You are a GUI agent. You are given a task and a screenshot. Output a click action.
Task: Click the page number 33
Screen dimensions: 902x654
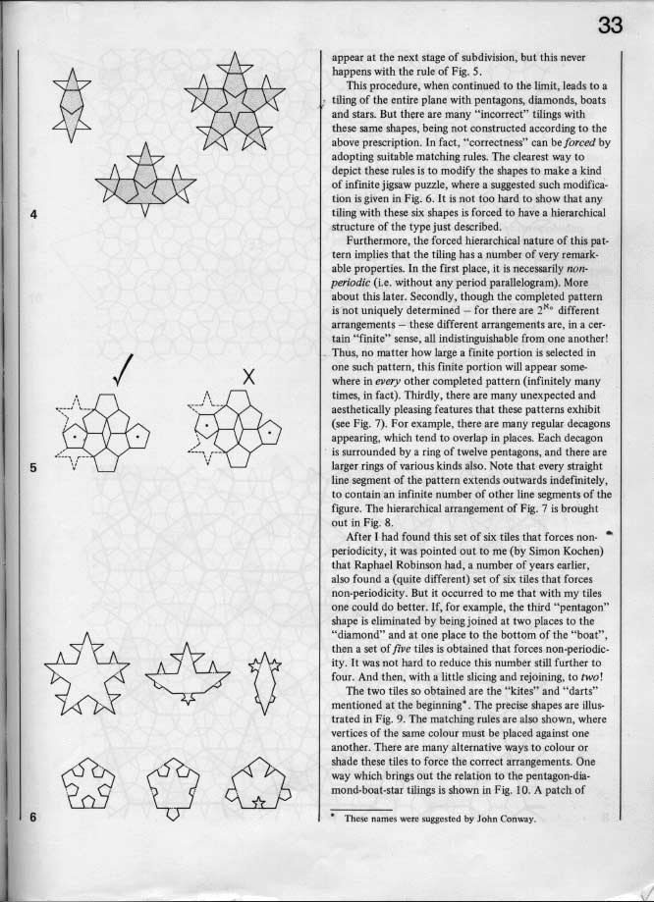click(611, 27)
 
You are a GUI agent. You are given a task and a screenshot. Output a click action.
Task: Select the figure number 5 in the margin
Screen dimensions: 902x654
click(33, 467)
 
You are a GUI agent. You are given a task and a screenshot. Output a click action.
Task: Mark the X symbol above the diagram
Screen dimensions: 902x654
click(249, 375)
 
